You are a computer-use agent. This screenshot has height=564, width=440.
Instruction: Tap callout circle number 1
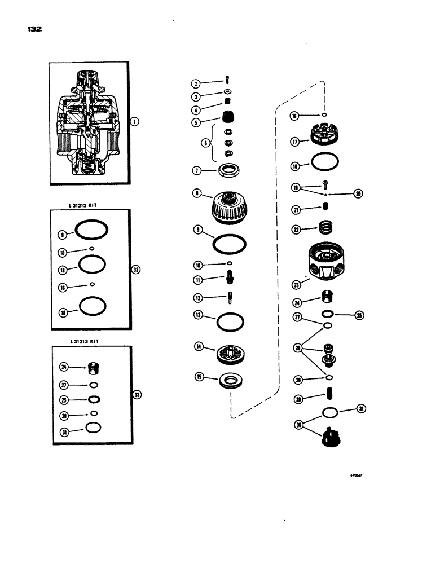[135, 122]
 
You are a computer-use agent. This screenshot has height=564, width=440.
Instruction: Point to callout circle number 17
[294, 142]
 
